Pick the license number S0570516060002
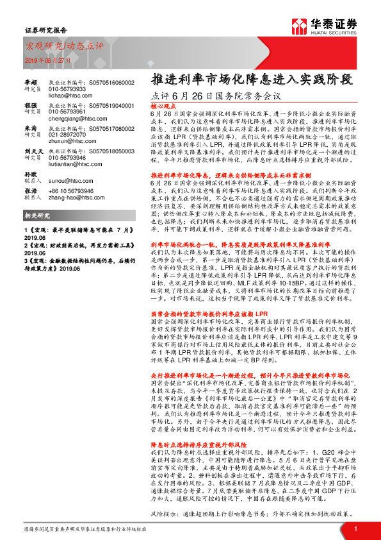click(113, 83)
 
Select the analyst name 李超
click(30, 83)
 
